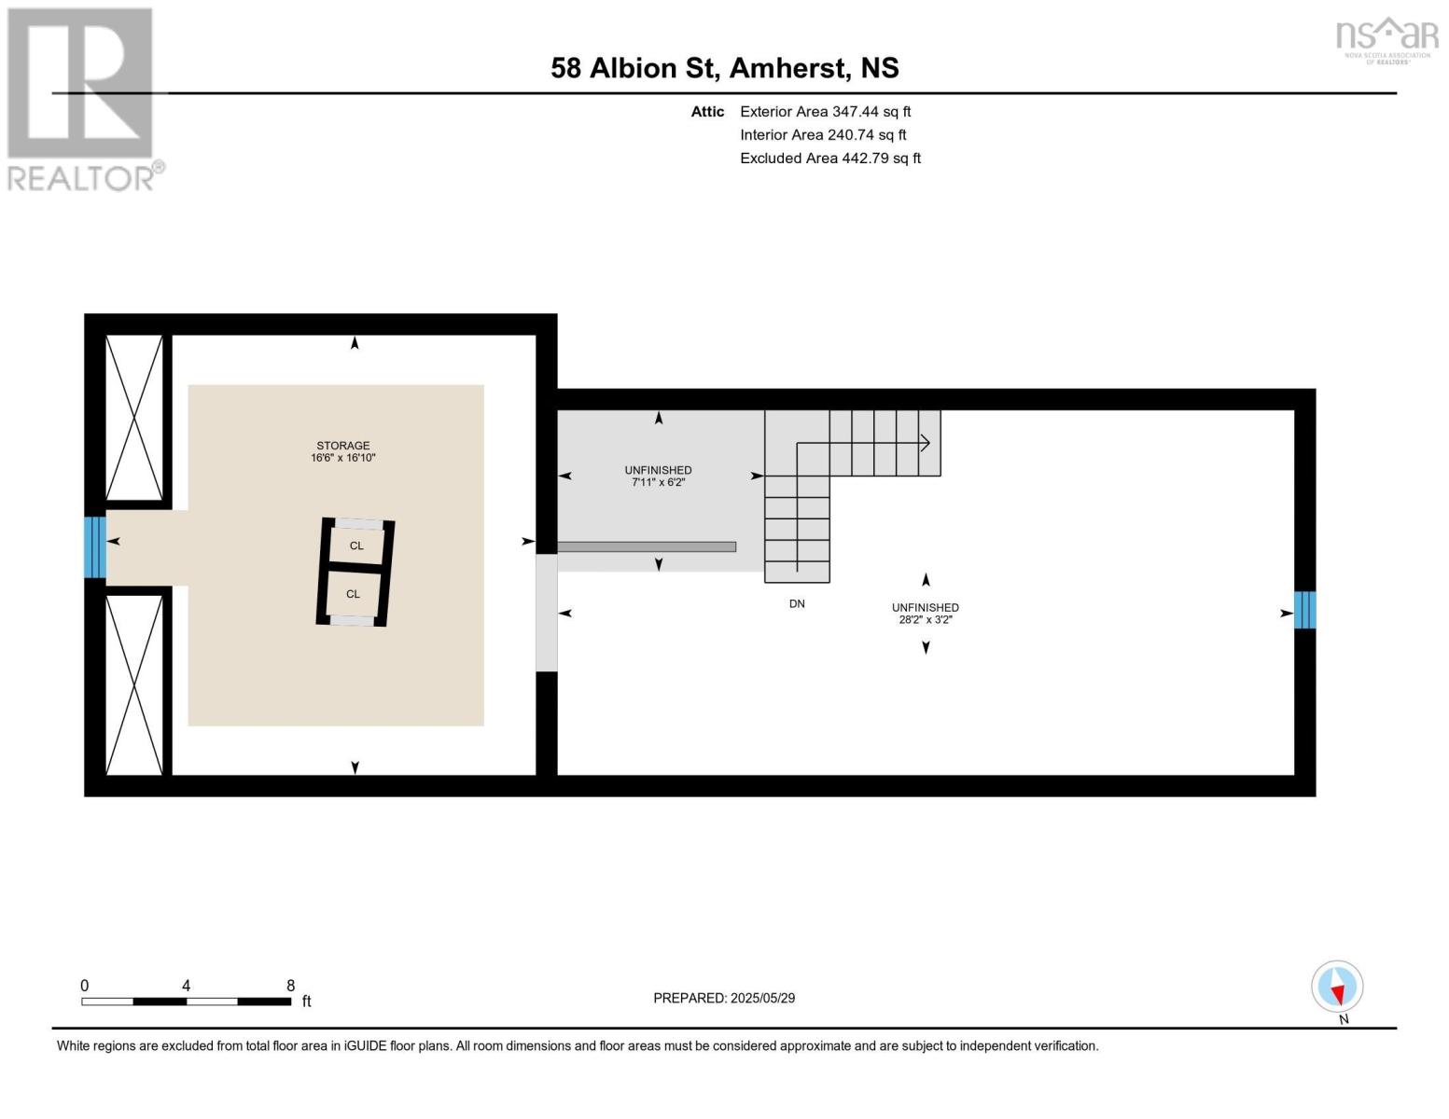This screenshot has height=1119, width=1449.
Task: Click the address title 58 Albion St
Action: point(724,68)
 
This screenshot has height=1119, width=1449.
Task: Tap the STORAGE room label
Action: point(342,446)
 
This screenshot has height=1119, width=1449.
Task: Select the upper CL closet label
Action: point(356,546)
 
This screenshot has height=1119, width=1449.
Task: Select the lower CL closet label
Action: point(353,594)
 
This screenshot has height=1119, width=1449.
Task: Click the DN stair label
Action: point(797,604)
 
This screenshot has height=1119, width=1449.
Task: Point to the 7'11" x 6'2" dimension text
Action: point(659,483)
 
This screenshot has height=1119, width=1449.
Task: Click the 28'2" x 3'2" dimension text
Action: point(925,620)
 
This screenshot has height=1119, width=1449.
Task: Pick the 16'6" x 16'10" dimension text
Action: point(342,458)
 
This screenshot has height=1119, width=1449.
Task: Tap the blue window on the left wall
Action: point(94,547)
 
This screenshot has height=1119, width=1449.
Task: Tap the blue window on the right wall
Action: point(1304,610)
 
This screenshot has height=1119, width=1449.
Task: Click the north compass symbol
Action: point(1337,988)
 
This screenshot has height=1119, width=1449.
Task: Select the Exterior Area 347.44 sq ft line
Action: point(825,112)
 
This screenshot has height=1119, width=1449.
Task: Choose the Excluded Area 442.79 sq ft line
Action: point(829,159)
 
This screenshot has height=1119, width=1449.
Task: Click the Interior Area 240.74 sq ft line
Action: point(823,135)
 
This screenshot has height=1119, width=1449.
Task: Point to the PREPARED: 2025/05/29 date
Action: point(724,998)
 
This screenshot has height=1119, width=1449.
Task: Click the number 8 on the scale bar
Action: point(291,986)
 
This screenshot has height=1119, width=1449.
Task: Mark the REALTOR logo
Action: point(82,99)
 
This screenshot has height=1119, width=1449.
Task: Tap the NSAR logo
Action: point(1386,38)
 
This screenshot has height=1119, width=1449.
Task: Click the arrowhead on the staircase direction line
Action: point(926,443)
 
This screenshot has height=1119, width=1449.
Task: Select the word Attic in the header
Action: point(707,112)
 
